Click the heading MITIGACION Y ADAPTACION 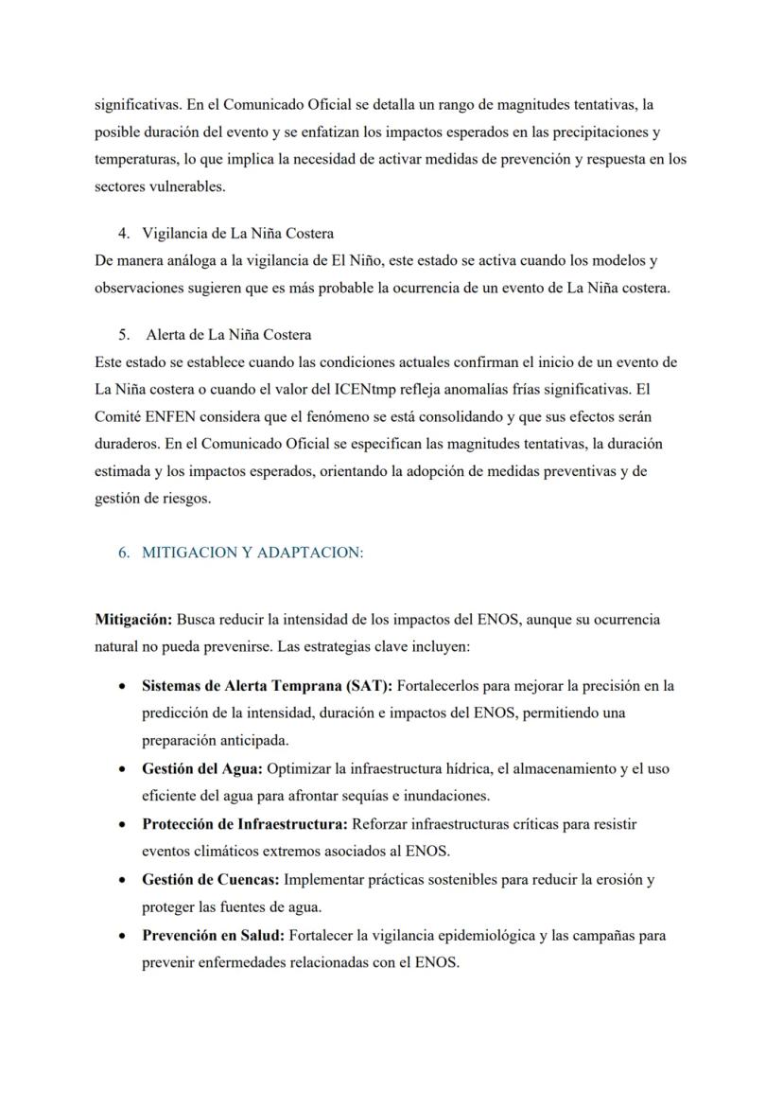pyautogui.click(x=252, y=553)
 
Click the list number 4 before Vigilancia pyautogui.click(x=123, y=233)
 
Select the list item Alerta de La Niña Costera pyautogui.click(x=229, y=335)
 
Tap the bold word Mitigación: pyautogui.click(x=133, y=620)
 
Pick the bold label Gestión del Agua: pyautogui.click(x=201, y=769)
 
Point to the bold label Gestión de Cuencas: pyautogui.click(x=210, y=879)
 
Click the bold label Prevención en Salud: pyautogui.click(x=213, y=935)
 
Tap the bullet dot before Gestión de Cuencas pyautogui.click(x=123, y=880)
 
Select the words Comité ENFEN pyautogui.click(x=141, y=416)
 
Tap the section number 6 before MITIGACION pyautogui.click(x=123, y=553)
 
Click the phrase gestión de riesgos pyautogui.click(x=152, y=499)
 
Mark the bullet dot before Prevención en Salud pyautogui.click(x=123, y=936)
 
